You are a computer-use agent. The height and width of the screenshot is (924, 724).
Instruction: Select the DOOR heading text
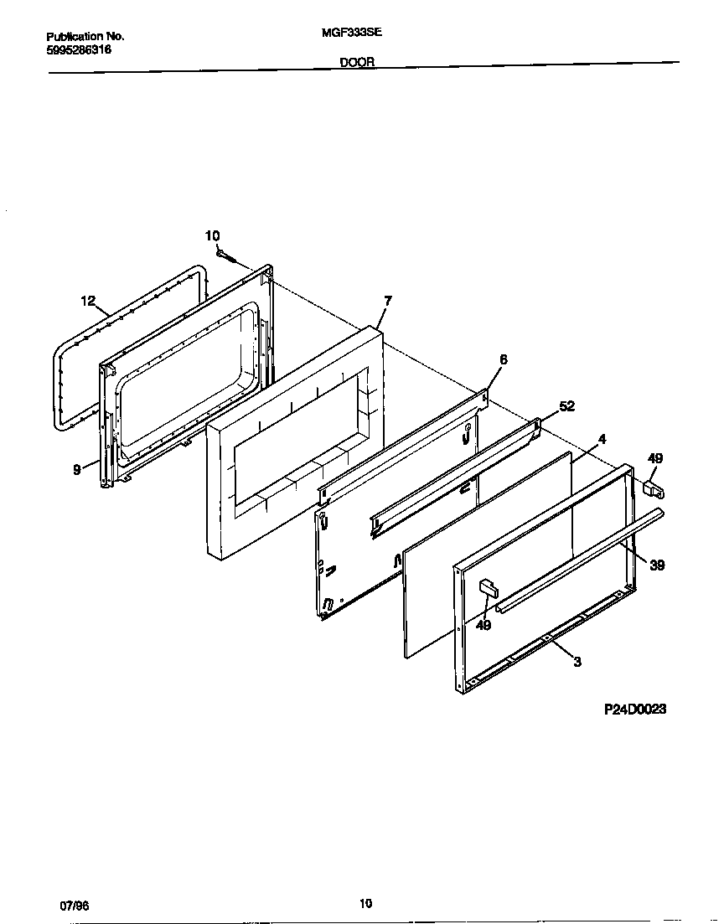click(x=357, y=62)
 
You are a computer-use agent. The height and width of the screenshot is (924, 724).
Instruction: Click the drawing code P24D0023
click(x=635, y=709)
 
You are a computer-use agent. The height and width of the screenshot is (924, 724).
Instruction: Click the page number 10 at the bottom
click(x=365, y=903)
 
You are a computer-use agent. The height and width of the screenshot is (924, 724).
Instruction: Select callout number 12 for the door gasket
click(x=88, y=301)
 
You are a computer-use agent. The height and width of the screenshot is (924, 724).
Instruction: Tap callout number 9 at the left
click(x=76, y=471)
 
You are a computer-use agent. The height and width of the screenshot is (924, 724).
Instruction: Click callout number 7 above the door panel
click(x=387, y=301)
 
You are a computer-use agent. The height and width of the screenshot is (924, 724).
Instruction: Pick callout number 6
click(x=503, y=359)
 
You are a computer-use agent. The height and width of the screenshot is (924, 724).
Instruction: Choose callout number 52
click(x=566, y=406)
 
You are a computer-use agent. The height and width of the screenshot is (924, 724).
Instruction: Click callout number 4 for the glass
click(x=602, y=438)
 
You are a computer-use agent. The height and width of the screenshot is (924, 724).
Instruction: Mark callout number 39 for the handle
click(x=657, y=565)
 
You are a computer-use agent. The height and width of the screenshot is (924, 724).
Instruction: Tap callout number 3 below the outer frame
click(x=577, y=662)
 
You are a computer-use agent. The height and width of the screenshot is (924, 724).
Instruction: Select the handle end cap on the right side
click(x=654, y=487)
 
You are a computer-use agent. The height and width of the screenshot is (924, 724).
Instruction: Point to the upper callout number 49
click(x=655, y=458)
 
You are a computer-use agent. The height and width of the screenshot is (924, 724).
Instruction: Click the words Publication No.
click(x=85, y=37)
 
